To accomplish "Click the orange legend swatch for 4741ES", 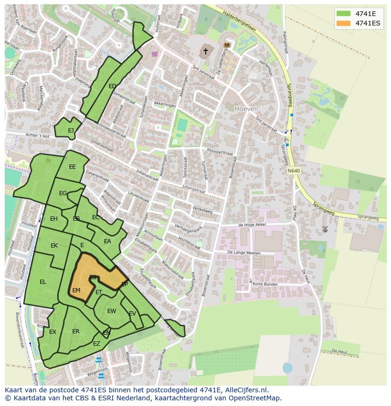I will (x=344, y=23).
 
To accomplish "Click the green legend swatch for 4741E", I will (x=344, y=14).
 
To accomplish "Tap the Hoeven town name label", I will (x=246, y=108).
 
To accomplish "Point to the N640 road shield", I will (x=293, y=170).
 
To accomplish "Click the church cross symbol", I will (x=205, y=51).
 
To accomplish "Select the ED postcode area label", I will (x=112, y=86).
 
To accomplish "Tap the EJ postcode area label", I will (x=71, y=131).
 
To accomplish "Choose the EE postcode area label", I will (x=72, y=167).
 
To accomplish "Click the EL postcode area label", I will (x=43, y=282).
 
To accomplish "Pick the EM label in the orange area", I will (x=76, y=290).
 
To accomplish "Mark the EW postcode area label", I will (x=111, y=311).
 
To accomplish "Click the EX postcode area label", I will (x=52, y=332).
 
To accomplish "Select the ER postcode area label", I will (x=76, y=331).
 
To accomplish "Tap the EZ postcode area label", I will (x=96, y=344).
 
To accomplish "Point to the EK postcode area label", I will (x=54, y=246).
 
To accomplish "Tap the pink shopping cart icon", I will (x=154, y=54).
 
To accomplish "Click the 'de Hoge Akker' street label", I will (x=253, y=225).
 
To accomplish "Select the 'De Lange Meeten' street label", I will (x=244, y=253).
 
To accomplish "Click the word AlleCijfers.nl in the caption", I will (x=245, y=390).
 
